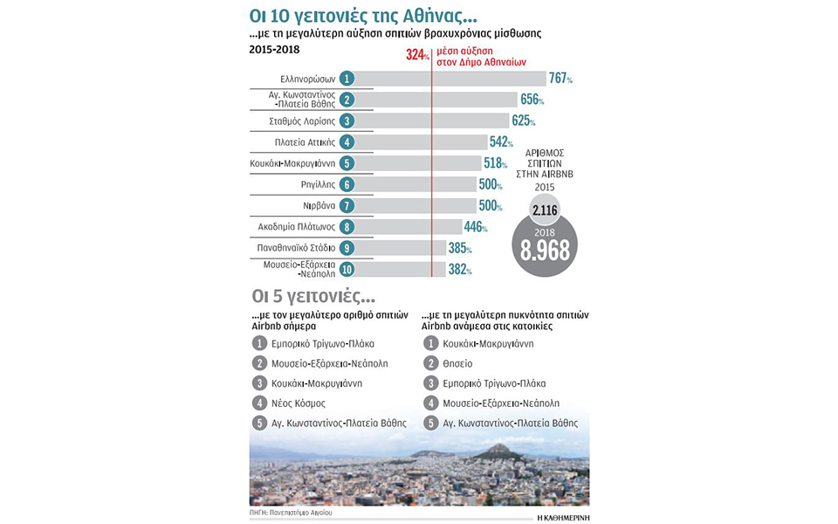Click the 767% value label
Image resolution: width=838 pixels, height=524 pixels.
click(560, 79)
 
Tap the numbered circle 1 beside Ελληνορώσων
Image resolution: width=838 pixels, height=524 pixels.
click(347, 79)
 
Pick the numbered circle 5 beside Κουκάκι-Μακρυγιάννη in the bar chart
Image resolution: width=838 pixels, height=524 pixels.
click(347, 163)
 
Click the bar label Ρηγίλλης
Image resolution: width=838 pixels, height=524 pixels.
click(313, 184)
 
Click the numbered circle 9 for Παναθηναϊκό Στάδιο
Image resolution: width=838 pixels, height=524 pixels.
click(347, 248)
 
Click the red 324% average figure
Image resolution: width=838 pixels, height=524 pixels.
click(417, 54)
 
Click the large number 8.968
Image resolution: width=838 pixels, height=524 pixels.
click(546, 250)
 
